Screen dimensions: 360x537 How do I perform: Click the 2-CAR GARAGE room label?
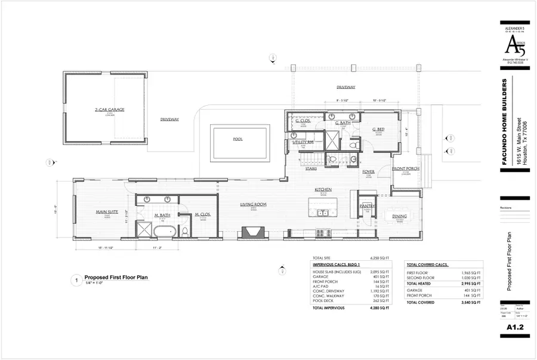(x=104, y=110)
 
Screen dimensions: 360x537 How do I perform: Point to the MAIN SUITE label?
(x=104, y=211)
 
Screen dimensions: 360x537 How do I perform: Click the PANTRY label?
(x=366, y=205)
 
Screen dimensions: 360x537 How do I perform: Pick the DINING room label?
(x=399, y=216)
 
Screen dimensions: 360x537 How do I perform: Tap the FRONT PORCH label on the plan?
(x=406, y=168)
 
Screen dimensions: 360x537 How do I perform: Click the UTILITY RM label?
(x=303, y=143)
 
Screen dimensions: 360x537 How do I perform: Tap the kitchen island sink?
(x=323, y=213)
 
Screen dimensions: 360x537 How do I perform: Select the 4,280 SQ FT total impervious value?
(x=380, y=308)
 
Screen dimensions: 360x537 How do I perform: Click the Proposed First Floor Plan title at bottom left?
(x=116, y=277)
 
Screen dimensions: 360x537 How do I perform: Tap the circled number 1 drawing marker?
(x=76, y=279)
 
